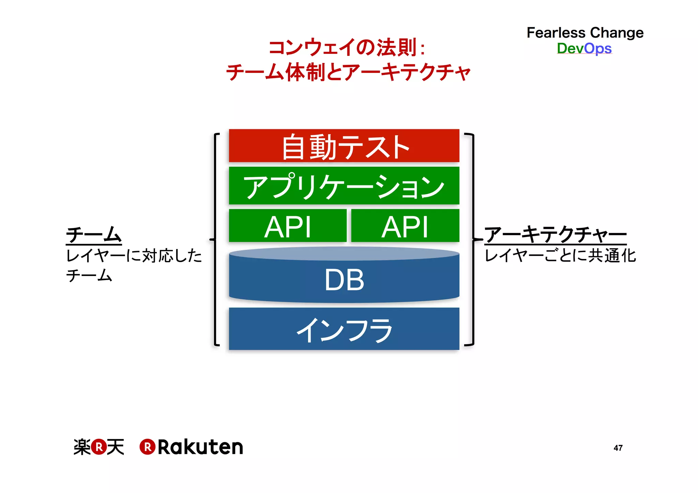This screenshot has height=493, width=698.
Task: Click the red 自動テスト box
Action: coord(344,146)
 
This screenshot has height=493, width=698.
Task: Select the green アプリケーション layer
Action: coord(344,186)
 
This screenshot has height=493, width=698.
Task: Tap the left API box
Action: coord(288,226)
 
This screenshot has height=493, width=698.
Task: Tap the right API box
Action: coord(405,226)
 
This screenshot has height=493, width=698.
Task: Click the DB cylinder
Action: coord(344,278)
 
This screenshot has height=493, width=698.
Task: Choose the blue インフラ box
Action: coord(344,329)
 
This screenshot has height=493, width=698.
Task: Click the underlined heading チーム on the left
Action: coord(94,235)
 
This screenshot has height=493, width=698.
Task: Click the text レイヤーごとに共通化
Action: coord(560,256)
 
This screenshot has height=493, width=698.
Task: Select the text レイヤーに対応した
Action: coord(134,256)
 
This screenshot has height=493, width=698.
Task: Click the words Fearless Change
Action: coord(585,33)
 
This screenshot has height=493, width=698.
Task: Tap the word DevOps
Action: coord(584,48)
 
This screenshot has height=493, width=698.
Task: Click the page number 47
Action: coord(618,448)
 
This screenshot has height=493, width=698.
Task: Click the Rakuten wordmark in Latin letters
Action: coord(200,447)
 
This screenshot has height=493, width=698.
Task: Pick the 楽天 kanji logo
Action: coord(99,447)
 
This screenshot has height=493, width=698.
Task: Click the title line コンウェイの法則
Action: coord(347,47)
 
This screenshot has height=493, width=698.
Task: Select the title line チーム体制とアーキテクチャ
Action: coord(348,72)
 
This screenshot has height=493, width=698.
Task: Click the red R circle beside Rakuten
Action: coord(148,447)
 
